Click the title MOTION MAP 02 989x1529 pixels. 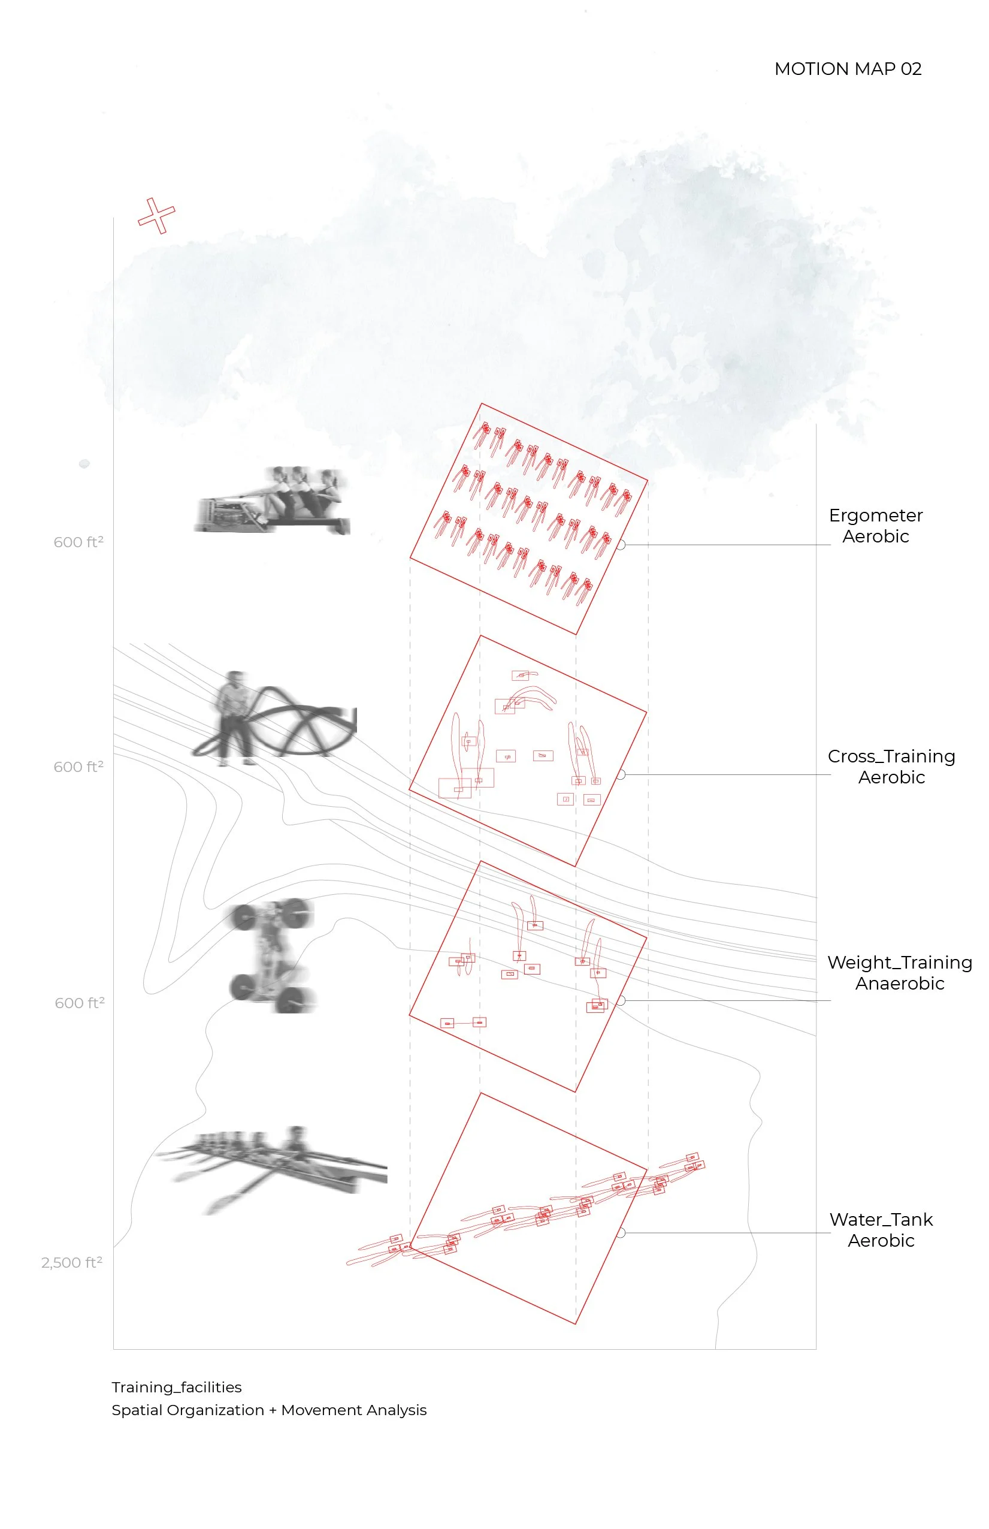point(848,69)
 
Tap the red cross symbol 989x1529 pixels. point(156,216)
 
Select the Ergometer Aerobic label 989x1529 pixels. point(875,526)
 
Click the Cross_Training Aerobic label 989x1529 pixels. point(891,767)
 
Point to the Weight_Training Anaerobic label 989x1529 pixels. point(900,973)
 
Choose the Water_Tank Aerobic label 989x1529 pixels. point(881,1230)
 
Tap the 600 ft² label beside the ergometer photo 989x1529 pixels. point(78,542)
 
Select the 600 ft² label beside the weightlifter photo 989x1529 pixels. point(80,1002)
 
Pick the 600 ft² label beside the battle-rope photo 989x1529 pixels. point(78,767)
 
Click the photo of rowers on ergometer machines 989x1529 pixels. point(273,500)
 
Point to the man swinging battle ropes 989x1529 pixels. point(235,718)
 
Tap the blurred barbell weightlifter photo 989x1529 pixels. point(273,955)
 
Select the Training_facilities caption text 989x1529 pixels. point(177,1387)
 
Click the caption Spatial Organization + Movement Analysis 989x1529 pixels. point(269,1410)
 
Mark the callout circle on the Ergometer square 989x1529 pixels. point(621,545)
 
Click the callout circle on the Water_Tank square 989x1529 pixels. point(621,1233)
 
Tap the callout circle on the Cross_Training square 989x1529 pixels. point(621,775)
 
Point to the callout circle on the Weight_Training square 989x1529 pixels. point(621,1000)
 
